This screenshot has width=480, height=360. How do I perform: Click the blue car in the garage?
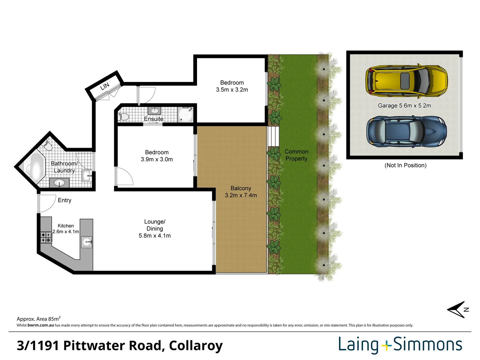(x=406, y=132)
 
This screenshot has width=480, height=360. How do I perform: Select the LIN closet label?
(x=105, y=86)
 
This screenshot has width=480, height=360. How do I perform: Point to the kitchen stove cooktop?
(x=46, y=237)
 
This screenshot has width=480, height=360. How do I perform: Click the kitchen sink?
(x=87, y=242)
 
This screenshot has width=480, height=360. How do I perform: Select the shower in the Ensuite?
(x=185, y=114)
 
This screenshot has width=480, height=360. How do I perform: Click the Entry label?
(x=64, y=200)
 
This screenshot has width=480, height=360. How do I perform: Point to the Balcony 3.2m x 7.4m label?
(x=241, y=192)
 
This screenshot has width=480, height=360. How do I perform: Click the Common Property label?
(x=296, y=155)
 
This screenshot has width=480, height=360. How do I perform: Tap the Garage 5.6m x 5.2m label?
(x=404, y=106)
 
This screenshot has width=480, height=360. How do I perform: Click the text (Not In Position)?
(x=405, y=165)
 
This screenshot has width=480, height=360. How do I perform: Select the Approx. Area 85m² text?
(x=38, y=319)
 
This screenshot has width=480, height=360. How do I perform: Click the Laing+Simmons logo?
(x=400, y=345)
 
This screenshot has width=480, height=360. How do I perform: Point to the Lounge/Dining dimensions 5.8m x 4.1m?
(x=155, y=236)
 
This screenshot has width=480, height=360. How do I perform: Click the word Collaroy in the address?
(x=196, y=346)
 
